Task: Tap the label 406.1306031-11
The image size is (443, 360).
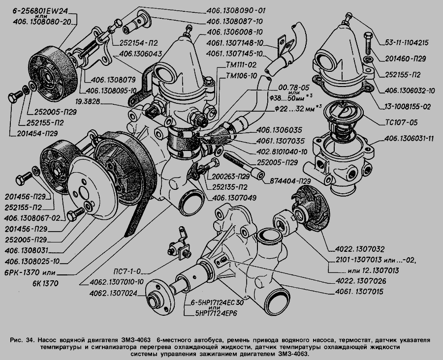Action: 410,139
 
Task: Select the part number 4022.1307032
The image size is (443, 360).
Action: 361,249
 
